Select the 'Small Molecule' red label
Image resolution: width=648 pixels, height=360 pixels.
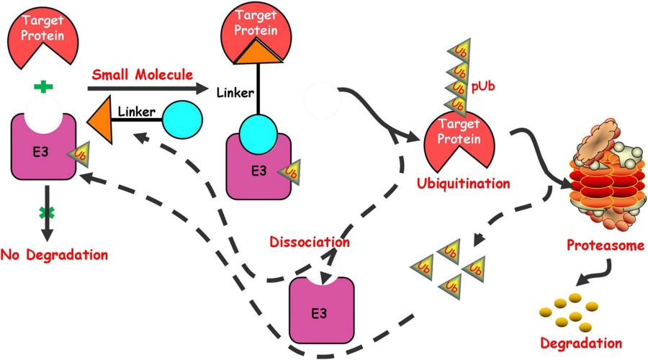pos(141,74)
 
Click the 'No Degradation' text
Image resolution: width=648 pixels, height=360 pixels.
pos(54,254)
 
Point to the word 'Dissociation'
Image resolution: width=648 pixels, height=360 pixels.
pos(310,242)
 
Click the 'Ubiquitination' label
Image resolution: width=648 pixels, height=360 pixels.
pos(464,183)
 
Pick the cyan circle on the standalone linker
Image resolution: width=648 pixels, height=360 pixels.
pos(181,120)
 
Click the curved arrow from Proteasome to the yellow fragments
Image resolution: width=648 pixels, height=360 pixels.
pos(601,270)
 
